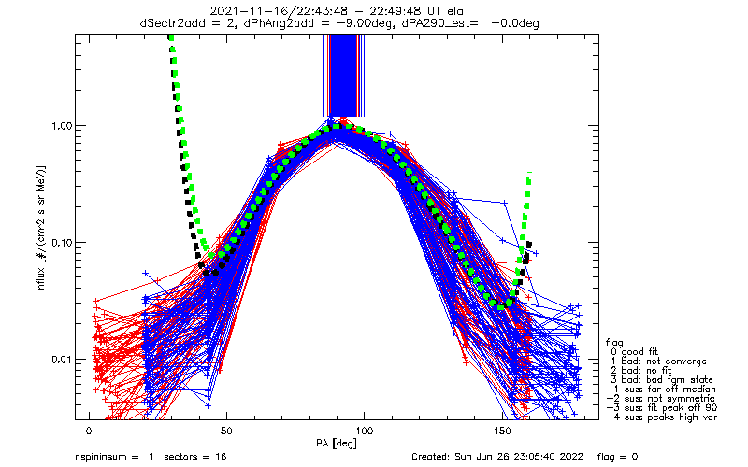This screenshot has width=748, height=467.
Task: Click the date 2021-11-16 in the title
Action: pos(246,11)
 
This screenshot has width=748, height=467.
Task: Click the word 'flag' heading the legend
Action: pos(615,342)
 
